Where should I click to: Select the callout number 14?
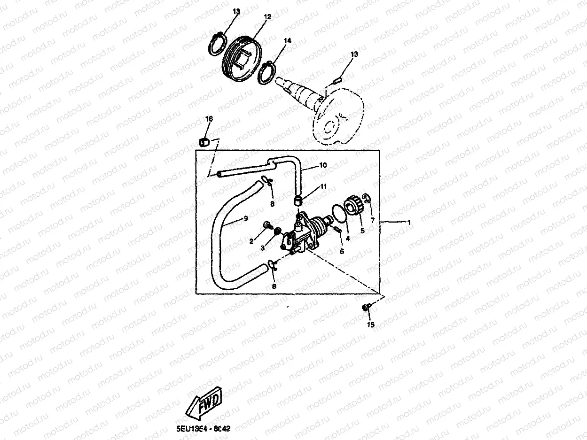[287, 41]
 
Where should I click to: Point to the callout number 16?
[209, 119]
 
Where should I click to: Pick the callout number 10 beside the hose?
[323, 165]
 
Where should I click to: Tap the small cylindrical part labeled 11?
[297, 201]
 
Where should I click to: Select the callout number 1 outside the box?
[409, 223]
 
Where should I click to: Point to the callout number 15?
[371, 325]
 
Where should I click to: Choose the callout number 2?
[251, 241]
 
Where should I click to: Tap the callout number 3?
[263, 247]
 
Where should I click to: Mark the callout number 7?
[373, 220]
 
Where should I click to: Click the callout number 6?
[342, 251]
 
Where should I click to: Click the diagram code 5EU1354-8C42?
[203, 429]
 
